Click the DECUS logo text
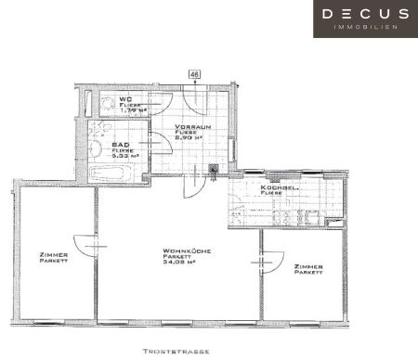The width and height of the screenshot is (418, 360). [364, 15]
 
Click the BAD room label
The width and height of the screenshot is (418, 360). [121, 145]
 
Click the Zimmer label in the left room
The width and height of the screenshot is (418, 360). [54, 258]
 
